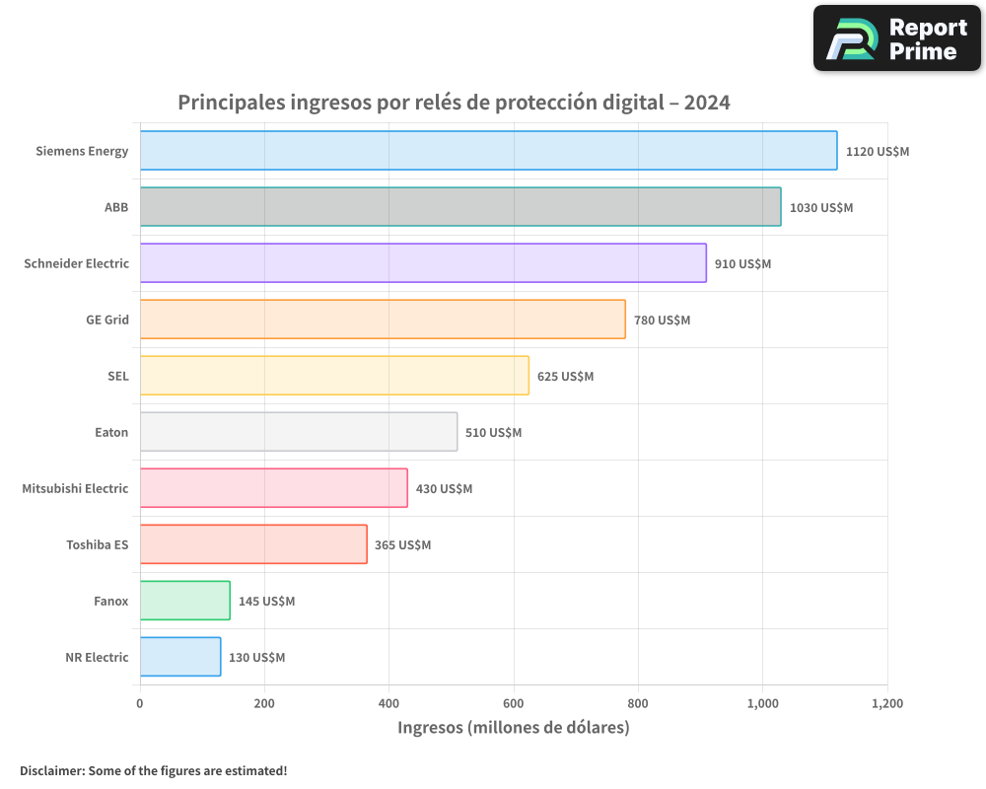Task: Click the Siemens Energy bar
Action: coord(488,151)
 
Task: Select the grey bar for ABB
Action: coord(460,207)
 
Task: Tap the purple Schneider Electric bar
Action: coord(423,263)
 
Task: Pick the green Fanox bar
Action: coord(185,601)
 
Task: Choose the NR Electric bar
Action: coord(180,657)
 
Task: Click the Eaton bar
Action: coord(299,432)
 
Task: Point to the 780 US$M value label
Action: coord(662,321)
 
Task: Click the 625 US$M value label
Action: coord(565,377)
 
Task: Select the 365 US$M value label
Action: coord(402,545)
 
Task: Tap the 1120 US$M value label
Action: coord(877,152)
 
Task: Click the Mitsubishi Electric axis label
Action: coord(75,488)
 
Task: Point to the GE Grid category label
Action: coord(107,320)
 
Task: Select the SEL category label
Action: coord(117,376)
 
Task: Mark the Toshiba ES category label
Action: coord(97,544)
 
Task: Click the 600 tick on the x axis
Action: coord(514,704)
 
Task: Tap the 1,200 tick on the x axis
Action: coord(886,704)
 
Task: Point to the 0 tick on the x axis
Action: coord(140,704)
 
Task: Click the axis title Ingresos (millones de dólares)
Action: coord(513,728)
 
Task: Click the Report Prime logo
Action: coord(897,38)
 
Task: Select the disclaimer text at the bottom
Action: coord(154,770)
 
